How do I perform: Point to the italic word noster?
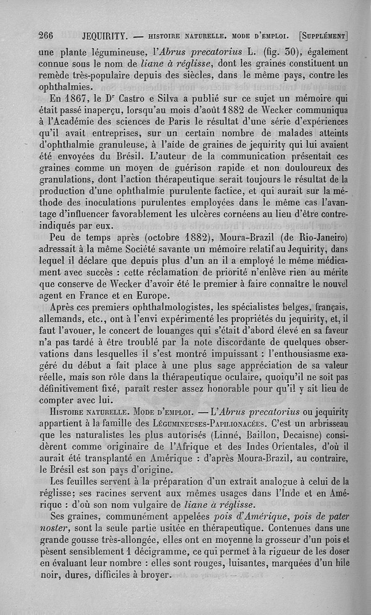[52, 527]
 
